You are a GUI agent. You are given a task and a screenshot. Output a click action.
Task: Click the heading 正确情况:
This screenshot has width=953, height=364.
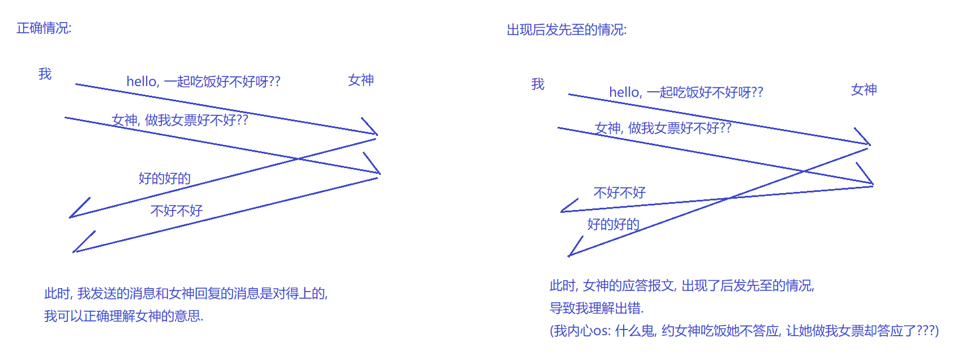coord(44,28)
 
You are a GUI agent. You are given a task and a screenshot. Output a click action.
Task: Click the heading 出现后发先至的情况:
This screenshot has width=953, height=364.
coord(566,30)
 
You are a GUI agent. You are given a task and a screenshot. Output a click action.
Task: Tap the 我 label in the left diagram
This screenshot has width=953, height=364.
coord(45,74)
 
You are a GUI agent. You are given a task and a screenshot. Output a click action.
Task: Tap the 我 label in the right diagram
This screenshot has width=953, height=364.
coord(538,84)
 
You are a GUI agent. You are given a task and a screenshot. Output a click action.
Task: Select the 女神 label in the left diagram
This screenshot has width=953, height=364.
coord(360,80)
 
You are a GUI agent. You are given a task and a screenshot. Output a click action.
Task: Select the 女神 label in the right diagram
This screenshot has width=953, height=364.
coord(864,89)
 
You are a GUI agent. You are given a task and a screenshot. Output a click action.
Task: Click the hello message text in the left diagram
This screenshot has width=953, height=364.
coord(203,82)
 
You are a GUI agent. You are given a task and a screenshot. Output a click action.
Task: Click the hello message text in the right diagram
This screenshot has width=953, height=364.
coord(686,92)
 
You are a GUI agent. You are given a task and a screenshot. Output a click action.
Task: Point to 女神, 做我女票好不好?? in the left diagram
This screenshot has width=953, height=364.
coord(180,120)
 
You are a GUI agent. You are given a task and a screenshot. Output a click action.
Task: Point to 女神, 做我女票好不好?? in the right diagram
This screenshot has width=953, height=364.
coord(663,129)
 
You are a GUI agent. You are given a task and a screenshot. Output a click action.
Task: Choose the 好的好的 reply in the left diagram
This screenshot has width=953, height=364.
coord(164,178)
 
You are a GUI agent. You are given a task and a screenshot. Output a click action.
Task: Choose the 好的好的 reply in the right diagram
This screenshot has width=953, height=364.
coord(613,224)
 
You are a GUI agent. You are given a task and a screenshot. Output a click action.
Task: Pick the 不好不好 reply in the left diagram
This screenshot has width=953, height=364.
coord(177,211)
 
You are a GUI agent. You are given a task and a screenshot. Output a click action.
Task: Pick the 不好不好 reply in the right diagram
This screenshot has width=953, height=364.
coord(619,193)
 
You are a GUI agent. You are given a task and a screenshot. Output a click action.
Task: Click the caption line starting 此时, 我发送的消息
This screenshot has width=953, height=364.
coord(186,293)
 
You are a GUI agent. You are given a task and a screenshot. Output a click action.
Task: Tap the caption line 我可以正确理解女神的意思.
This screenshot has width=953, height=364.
coord(123,316)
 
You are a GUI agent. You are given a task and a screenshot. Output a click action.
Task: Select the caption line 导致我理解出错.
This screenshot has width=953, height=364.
coord(596,309)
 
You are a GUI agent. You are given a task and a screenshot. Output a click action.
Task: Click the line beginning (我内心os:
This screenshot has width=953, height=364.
coord(744,331)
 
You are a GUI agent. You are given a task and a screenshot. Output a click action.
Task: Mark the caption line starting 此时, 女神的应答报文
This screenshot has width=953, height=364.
coord(681,286)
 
